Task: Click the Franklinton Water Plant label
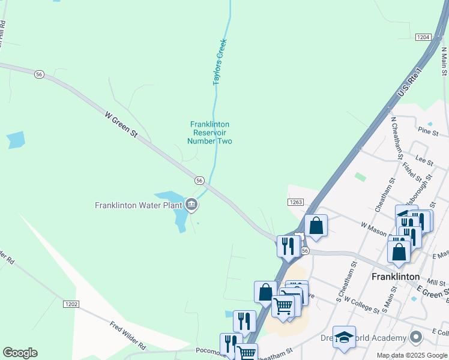(139, 205)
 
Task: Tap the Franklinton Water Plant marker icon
(191, 205)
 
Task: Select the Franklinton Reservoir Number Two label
(209, 133)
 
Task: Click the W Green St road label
(121, 125)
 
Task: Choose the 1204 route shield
(423, 37)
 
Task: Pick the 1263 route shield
(295, 203)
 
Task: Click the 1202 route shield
(71, 304)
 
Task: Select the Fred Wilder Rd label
(128, 336)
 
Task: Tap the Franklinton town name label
(395, 277)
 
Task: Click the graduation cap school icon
(344, 337)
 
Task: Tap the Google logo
(20, 353)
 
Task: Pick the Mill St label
(436, 281)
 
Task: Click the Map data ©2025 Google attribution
(412, 355)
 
